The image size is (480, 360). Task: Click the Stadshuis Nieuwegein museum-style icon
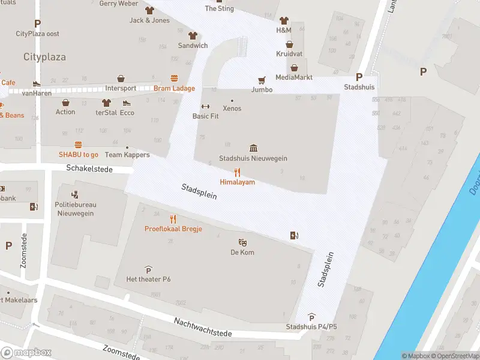point(253,148)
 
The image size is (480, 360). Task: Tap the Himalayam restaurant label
point(237,182)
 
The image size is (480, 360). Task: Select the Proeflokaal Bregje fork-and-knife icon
point(173,219)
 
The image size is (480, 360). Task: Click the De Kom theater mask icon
point(243,242)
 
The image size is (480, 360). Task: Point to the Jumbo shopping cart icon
point(262,80)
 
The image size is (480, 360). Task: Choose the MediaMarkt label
point(294,77)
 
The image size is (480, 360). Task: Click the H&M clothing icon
point(284,20)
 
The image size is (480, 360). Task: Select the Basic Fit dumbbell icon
point(205,106)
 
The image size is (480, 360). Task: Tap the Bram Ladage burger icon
point(175,78)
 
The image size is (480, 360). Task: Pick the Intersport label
point(121,88)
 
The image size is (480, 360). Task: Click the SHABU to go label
point(78,154)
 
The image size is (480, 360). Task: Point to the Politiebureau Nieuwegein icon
point(76,194)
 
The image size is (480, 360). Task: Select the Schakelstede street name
point(90,170)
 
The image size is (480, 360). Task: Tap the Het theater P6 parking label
point(148,279)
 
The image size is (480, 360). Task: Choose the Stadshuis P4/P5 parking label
point(311,327)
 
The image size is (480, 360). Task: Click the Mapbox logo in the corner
point(26,352)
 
